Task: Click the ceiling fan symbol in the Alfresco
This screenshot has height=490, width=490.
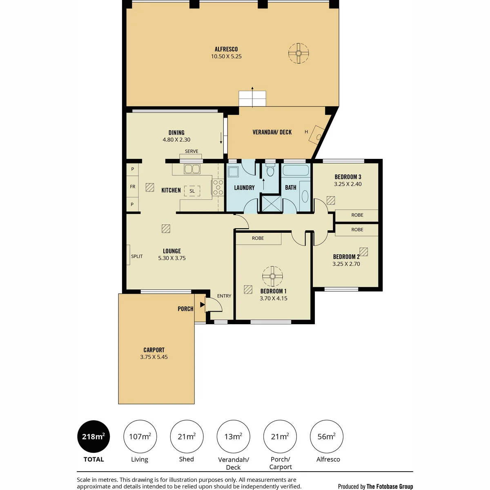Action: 298,53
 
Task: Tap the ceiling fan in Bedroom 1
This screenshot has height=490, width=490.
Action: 273,276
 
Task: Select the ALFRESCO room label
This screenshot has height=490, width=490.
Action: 226,49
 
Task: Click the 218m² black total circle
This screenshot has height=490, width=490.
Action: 94,437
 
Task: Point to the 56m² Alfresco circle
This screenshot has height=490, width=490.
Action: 327,437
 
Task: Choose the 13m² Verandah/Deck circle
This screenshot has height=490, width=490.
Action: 233,437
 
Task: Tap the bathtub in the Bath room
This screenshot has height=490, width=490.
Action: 296,170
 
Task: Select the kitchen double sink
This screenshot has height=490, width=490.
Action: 192,169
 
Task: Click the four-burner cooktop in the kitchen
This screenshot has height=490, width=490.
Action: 218,187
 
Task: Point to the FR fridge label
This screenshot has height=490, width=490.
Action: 132,187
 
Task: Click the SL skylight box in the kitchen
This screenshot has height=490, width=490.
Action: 192,191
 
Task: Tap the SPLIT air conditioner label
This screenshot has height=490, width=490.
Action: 137,256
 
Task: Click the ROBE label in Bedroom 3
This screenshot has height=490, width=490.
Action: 357,215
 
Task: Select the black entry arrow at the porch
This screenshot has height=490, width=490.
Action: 203,304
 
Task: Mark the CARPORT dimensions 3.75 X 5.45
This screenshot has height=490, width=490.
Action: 154,357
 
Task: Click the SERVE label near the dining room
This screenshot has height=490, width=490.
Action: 192,151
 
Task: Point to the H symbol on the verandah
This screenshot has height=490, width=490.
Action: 306,132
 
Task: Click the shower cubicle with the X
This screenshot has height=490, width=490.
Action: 271,203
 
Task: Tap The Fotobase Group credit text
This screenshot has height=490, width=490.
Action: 390,479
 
